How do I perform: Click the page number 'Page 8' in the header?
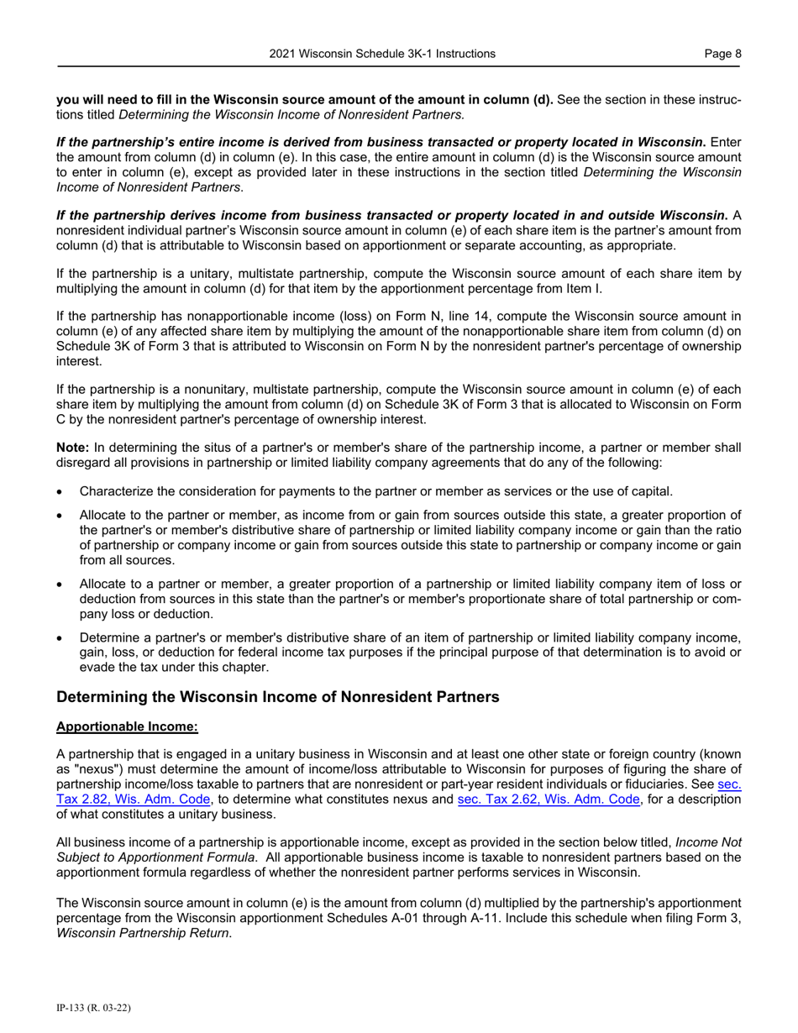point(722,54)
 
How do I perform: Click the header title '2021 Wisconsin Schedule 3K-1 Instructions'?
point(382,54)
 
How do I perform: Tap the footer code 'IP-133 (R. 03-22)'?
point(92,1007)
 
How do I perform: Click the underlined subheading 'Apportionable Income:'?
point(127,726)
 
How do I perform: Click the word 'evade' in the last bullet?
point(98,667)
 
